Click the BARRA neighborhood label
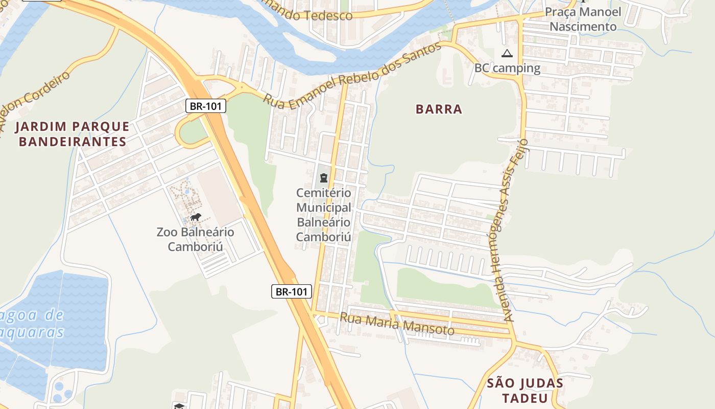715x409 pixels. click(439, 109)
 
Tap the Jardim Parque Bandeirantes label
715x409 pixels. click(73, 134)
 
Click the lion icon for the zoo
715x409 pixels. click(196, 217)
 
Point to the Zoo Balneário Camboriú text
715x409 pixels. click(196, 239)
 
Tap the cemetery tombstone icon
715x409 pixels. click(323, 178)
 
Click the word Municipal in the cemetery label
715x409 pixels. click(324, 208)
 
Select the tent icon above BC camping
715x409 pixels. click(507, 53)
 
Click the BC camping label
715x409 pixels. click(507, 68)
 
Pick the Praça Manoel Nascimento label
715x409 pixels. click(583, 19)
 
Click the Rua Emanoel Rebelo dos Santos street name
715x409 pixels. click(352, 76)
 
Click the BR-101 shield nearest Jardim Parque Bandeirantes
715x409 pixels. click(205, 106)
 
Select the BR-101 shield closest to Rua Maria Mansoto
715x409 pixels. click(291, 291)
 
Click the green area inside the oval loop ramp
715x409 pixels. click(193, 131)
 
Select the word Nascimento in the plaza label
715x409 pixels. click(583, 27)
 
